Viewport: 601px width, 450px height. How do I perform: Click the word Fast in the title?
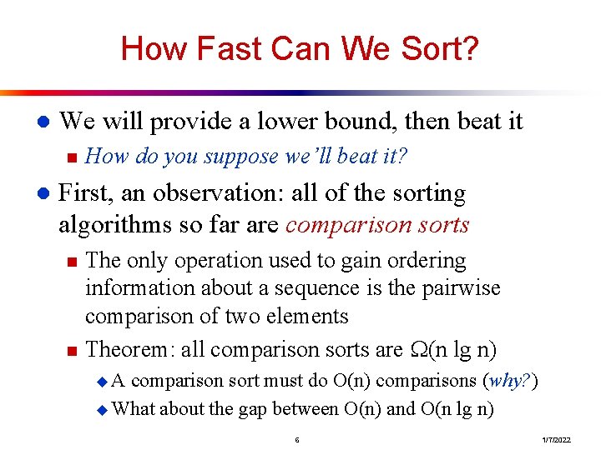click(x=230, y=48)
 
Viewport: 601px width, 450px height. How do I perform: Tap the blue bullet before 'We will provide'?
click(x=43, y=122)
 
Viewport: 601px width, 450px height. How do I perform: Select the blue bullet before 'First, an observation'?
click(x=43, y=193)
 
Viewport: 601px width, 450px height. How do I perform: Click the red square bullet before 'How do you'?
click(x=72, y=157)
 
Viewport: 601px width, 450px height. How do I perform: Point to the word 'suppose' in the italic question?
click(x=241, y=157)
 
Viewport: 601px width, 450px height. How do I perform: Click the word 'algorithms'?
click(x=115, y=225)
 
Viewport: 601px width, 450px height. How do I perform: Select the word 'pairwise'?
click(x=461, y=288)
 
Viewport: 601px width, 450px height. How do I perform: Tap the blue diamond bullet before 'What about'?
click(x=103, y=410)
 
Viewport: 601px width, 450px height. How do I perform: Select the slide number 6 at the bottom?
click(x=297, y=440)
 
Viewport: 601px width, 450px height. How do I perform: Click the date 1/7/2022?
click(x=556, y=440)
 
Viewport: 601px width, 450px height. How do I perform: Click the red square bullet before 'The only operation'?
click(x=72, y=262)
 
